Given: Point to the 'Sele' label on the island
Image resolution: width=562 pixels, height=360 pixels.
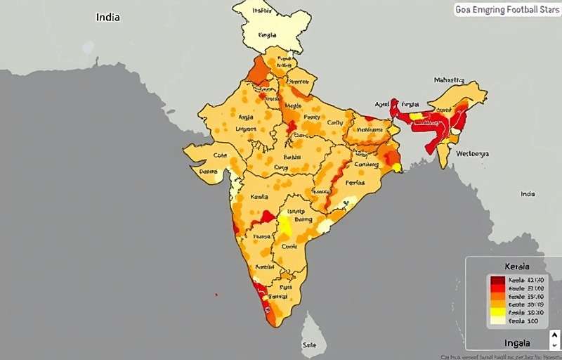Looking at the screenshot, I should point(309,345).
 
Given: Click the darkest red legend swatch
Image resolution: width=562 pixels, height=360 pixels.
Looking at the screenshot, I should point(497,281).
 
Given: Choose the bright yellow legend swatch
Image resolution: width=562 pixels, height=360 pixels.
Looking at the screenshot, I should point(497,311).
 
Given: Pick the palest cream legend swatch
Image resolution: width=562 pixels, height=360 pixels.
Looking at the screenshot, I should point(497,321).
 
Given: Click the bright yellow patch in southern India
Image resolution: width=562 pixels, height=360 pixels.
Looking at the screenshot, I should point(285,226).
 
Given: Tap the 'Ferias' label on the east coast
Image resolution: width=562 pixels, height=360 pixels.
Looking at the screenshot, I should point(355,182).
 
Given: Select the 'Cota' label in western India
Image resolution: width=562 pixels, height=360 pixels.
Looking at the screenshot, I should point(220,155).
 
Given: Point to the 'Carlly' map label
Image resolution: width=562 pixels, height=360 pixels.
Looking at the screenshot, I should point(335,122).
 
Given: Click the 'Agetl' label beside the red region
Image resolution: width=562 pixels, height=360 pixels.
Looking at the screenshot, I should point(382,104).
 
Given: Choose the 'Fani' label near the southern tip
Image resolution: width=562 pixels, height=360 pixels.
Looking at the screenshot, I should point(286,287).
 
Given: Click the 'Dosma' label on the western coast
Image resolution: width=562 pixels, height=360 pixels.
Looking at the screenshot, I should point(209,171).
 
